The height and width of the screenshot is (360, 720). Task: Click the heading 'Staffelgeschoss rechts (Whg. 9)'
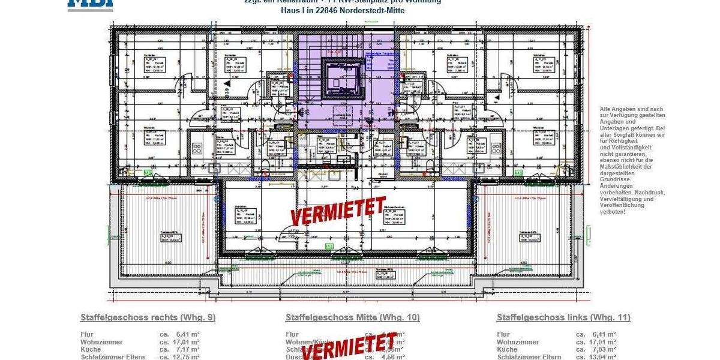(148, 317)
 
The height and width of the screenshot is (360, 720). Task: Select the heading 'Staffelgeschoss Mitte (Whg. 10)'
(353, 317)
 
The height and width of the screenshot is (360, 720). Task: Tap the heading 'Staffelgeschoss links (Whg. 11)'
(563, 317)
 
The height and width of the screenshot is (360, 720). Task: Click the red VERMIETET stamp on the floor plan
(338, 211)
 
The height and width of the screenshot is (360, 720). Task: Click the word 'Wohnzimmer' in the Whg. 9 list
(101, 342)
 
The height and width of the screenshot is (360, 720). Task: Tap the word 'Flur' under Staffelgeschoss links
(503, 334)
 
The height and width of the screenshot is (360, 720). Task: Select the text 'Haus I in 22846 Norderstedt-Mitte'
(343, 11)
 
